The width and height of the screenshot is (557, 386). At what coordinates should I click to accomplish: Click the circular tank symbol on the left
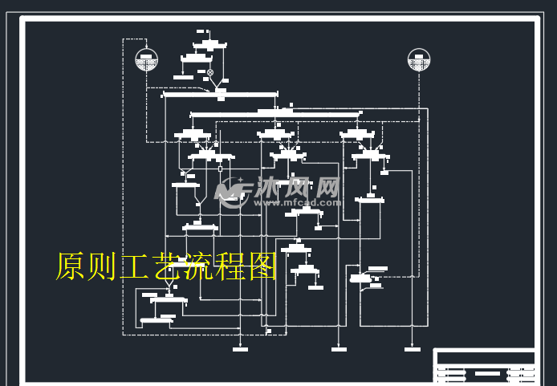pos(146,60)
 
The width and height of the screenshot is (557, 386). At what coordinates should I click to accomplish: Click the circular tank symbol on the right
pos(419,60)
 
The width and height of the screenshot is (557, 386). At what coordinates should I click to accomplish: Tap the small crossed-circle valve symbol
pos(210,72)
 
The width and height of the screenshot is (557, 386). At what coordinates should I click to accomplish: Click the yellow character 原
pos(70,266)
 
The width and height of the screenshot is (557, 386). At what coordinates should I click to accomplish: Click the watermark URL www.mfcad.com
pos(287,204)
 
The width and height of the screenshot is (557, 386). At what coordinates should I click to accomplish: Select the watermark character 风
pos(297,188)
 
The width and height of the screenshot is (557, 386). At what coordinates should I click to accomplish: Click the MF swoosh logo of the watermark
pos(231,193)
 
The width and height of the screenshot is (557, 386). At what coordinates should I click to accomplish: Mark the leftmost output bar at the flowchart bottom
pos(240,349)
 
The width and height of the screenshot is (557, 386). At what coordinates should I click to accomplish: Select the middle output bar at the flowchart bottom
pos(339,349)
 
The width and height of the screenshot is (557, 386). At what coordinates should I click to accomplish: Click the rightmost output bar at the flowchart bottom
pos(412,349)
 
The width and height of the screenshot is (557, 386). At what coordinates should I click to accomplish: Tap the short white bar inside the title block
pos(486,373)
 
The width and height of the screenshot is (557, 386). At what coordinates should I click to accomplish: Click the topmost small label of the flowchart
pos(200,31)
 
